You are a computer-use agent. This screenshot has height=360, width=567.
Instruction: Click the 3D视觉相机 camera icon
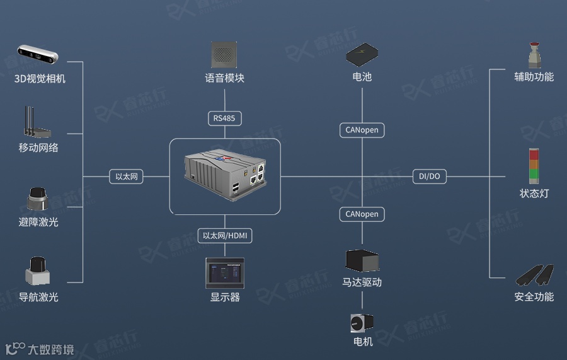pos(38,55)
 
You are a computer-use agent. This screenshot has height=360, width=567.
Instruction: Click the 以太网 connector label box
pos(126,177)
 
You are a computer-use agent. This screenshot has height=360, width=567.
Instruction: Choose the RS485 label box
pos(225,118)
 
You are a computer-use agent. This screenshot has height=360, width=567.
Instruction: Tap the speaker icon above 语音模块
pos(225,55)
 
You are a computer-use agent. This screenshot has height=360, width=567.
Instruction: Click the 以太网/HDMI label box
pos(225,236)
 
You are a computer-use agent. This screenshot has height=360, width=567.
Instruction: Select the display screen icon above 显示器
pos(225,273)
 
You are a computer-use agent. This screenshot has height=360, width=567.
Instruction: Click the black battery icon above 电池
pos(362,55)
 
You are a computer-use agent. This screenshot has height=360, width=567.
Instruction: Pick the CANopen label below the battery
pos(362,131)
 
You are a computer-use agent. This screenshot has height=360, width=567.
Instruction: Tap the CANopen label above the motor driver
pos(362,214)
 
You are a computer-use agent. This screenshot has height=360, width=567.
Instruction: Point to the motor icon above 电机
pos(362,323)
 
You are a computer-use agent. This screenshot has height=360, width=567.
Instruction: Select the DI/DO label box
pos(430,177)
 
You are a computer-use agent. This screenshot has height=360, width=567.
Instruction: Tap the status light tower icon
pos(534,166)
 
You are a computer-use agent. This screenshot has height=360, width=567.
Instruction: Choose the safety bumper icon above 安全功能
pos(534,275)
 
